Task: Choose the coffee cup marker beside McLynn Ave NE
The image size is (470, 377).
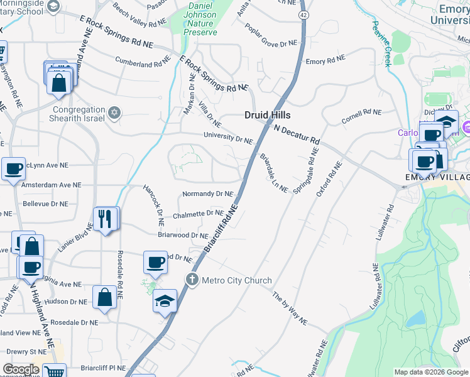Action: click(x=13, y=168)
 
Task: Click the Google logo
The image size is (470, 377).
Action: click(x=21, y=369)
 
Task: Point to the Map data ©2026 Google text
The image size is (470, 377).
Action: click(x=430, y=372)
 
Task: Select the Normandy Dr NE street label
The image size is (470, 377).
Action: click(x=207, y=194)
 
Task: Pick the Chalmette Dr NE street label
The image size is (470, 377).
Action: click(x=194, y=214)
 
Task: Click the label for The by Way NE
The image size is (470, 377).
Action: click(x=290, y=308)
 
